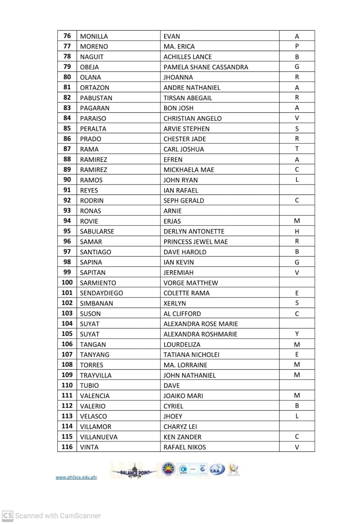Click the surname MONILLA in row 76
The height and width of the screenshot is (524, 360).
pyautogui.click(x=94, y=36)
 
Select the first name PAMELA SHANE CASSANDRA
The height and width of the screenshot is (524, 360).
pyautogui.click(x=206, y=67)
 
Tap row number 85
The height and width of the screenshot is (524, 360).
pyautogui.click(x=67, y=128)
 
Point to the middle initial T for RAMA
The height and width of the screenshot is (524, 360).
pyautogui.click(x=297, y=149)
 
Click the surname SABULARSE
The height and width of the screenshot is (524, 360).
pyautogui.click(x=97, y=231)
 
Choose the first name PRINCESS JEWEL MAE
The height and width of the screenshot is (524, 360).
pyautogui.click(x=196, y=242)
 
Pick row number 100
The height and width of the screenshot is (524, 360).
pyautogui.click(x=67, y=282)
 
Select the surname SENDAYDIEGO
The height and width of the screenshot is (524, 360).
pyautogui.click(x=101, y=293)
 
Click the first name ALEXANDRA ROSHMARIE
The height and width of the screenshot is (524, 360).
pyautogui.click(x=200, y=334)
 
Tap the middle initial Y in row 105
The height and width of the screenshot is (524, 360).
pyautogui.click(x=297, y=334)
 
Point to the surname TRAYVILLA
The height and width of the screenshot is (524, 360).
pyautogui.click(x=96, y=375)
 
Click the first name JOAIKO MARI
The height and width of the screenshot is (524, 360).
pyautogui.click(x=183, y=396)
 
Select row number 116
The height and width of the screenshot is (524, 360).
pyautogui.click(x=67, y=447)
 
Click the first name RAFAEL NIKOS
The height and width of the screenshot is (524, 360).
pyautogui.click(x=185, y=447)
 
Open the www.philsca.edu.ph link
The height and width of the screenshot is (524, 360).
pyautogui.click(x=76, y=477)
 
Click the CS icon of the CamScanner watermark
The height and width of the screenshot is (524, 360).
pyautogui.click(x=8, y=515)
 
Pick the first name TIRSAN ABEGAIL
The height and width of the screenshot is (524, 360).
pyautogui.click(x=188, y=98)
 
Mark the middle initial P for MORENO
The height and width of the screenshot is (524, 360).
pyautogui.click(x=297, y=46)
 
